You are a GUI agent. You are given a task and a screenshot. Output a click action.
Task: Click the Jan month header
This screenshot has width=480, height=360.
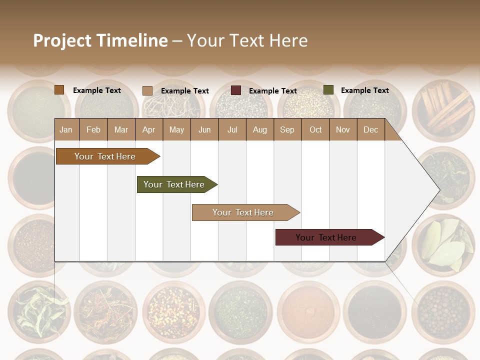click(66, 130)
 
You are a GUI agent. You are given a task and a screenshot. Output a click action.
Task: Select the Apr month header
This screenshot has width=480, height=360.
click(148, 130)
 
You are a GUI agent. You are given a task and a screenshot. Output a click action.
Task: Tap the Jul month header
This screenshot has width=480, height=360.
click(232, 130)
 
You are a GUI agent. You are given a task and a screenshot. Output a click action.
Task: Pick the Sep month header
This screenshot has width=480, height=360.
click(287, 130)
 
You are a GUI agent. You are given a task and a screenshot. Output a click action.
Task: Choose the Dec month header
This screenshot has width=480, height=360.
click(370, 130)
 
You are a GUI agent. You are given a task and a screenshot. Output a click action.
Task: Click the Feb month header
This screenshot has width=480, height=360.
click(93, 130)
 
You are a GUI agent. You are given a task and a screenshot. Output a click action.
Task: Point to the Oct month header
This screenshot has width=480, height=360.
click(315, 130)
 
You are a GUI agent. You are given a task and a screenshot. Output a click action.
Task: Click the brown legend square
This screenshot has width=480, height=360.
click(59, 90)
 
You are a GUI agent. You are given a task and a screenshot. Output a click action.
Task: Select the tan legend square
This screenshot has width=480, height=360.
click(147, 90)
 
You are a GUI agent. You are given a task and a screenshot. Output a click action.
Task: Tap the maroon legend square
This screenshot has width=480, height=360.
click(236, 90)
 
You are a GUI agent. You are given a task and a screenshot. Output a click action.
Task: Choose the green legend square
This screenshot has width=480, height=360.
click(328, 90)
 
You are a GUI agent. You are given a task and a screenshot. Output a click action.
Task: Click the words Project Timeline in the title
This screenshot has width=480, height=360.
click(100, 40)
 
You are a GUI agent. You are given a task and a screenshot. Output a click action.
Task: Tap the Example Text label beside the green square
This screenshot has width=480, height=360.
click(364, 90)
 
